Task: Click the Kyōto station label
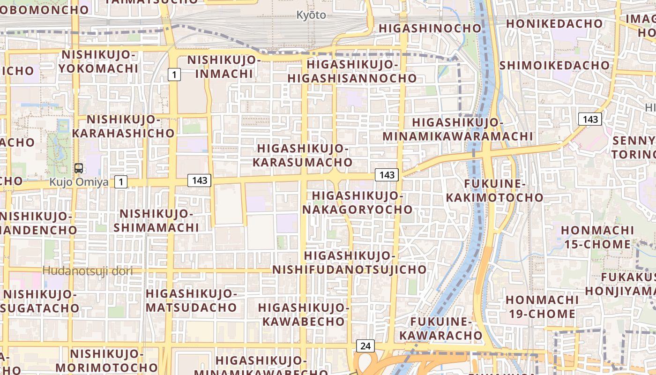pos(311,15)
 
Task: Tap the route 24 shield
pos(365,346)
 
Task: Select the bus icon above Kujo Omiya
pos(79,168)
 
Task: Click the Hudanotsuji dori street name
pos(88,270)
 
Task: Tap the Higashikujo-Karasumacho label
pos(303,156)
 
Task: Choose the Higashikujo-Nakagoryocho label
pos(357,202)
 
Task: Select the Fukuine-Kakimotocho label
pos(494,190)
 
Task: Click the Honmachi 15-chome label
pos(597,237)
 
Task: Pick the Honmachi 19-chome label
pos(542,307)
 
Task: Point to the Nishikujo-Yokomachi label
pos(99,61)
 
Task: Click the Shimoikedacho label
pos(555,65)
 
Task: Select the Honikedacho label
pos(554,23)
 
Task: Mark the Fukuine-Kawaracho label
pos(440,329)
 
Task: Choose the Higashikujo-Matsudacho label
pos(191,300)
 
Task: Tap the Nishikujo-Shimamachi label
pos(157,220)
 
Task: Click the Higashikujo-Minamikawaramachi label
pos(458,129)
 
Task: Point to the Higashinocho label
pos(430,28)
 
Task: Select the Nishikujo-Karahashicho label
pos(123,126)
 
